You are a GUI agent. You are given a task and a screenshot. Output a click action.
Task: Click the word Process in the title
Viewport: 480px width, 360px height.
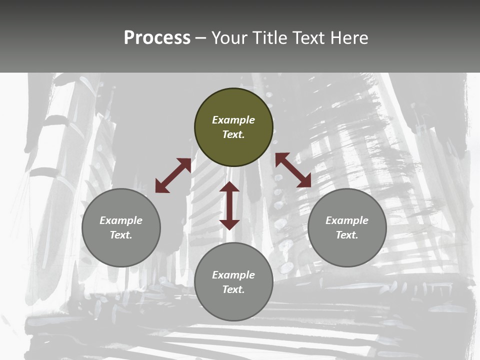[x=157, y=38]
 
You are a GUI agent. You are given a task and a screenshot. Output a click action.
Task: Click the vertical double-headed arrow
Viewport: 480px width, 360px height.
[x=229, y=205]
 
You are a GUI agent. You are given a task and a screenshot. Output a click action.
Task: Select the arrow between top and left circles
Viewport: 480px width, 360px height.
[x=173, y=175]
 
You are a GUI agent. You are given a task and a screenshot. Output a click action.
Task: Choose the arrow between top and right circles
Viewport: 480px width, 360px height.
[x=293, y=170]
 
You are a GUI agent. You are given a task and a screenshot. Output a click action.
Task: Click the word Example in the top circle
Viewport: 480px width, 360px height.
[x=233, y=120]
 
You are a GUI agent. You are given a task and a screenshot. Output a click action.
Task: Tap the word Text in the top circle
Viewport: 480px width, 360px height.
[x=233, y=134]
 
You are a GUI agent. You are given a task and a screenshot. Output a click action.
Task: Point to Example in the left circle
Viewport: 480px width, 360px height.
[x=121, y=220]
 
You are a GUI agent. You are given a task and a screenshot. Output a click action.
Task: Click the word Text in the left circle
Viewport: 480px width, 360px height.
[x=121, y=235]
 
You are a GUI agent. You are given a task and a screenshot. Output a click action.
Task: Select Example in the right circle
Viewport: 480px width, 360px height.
[x=347, y=220]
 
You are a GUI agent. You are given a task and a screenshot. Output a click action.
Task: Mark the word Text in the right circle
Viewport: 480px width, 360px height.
[x=347, y=235]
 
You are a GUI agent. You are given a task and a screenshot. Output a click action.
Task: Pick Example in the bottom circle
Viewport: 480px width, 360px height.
[x=233, y=275]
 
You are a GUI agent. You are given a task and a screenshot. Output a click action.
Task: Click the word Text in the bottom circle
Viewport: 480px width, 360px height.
[x=233, y=289]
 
